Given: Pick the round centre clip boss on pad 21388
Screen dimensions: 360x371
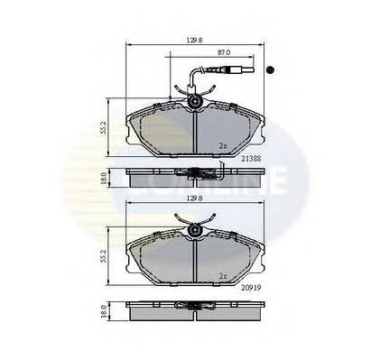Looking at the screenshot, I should point(194,106).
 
